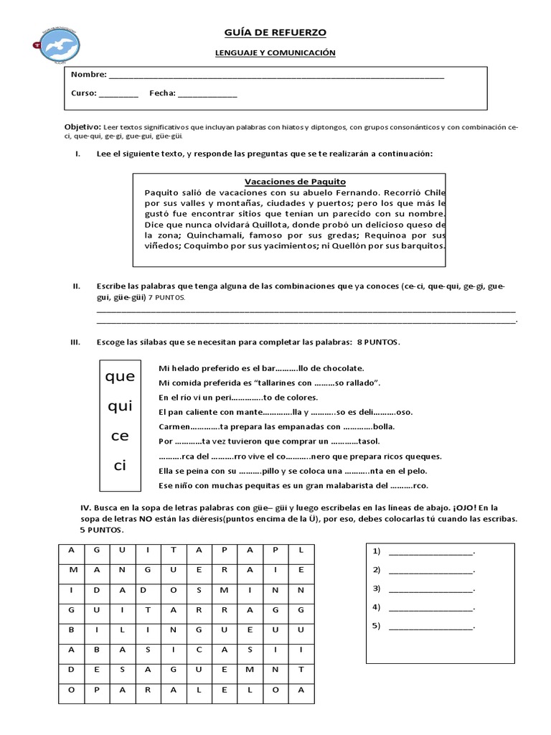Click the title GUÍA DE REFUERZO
point(276,33)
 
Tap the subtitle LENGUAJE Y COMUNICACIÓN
point(275,53)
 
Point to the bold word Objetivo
point(83,126)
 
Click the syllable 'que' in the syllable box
point(120,377)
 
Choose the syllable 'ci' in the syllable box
point(120,466)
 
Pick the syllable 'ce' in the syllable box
point(120,436)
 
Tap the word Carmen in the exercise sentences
point(174,426)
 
